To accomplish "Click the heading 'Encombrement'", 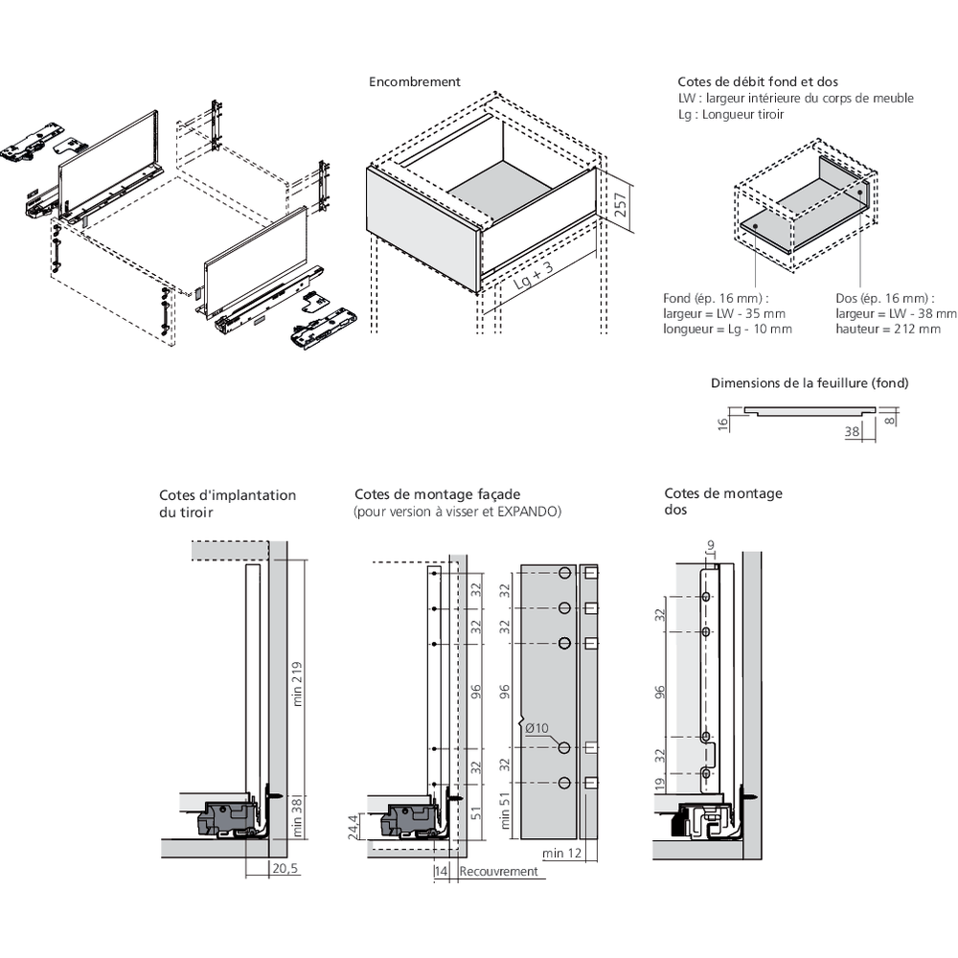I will tap(415, 82).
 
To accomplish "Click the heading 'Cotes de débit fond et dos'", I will tap(744, 82).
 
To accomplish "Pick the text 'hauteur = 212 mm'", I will tap(888, 329).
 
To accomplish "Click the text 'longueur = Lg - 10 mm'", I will tap(727, 329).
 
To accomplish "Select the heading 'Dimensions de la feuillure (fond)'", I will tap(810, 383).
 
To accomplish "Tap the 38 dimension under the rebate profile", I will tap(852, 432).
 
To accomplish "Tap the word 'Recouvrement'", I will tap(498, 872).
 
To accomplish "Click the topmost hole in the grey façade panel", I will tap(564, 574).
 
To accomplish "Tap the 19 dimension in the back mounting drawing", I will tap(658, 786).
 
